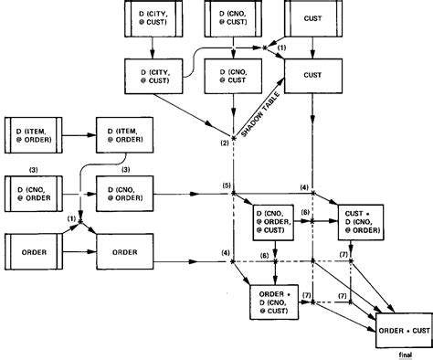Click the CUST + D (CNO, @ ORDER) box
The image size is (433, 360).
point(364,220)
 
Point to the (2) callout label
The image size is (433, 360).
point(224,141)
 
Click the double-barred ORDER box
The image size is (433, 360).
point(33,249)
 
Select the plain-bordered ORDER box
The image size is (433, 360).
point(124,249)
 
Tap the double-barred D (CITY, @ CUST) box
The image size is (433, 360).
point(152,18)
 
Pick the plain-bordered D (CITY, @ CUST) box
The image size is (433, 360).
point(152,73)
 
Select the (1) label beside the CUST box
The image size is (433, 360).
point(282,48)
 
